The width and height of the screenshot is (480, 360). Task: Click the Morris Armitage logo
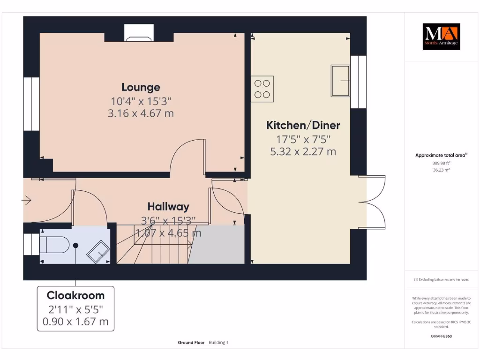pyautogui.click(x=441, y=37)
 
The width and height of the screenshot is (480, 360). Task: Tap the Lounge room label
pyautogui.click(x=141, y=87)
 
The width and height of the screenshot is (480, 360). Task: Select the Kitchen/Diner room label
pyautogui.click(x=303, y=125)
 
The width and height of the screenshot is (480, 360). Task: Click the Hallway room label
pyautogui.click(x=168, y=206)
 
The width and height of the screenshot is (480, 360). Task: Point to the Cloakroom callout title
pyautogui.click(x=75, y=296)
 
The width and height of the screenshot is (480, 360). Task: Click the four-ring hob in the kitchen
pyautogui.click(x=262, y=89)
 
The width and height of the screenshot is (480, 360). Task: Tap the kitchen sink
pyautogui.click(x=341, y=81)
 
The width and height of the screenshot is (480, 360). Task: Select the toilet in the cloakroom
pyautogui.click(x=53, y=245)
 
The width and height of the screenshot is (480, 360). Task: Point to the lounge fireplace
pyautogui.click(x=138, y=35)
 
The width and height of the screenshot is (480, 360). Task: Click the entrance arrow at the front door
pyautogui.click(x=26, y=201)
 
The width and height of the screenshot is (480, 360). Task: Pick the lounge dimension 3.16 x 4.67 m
pyautogui.click(x=141, y=113)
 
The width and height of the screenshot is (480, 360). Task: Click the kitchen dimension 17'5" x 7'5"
pyautogui.click(x=303, y=139)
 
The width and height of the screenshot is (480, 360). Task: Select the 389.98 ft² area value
pyautogui.click(x=441, y=163)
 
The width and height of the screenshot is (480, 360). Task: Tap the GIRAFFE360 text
pyautogui.click(x=441, y=336)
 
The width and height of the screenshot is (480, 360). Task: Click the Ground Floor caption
pyautogui.click(x=191, y=343)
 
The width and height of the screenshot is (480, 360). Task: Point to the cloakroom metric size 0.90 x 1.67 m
pyautogui.click(x=75, y=322)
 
